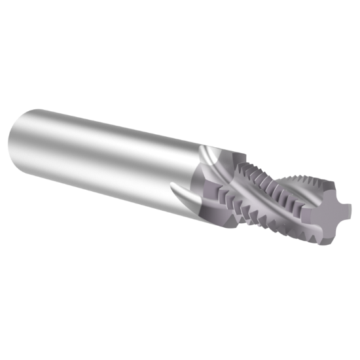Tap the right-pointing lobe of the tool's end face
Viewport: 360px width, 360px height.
coord(345,211)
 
